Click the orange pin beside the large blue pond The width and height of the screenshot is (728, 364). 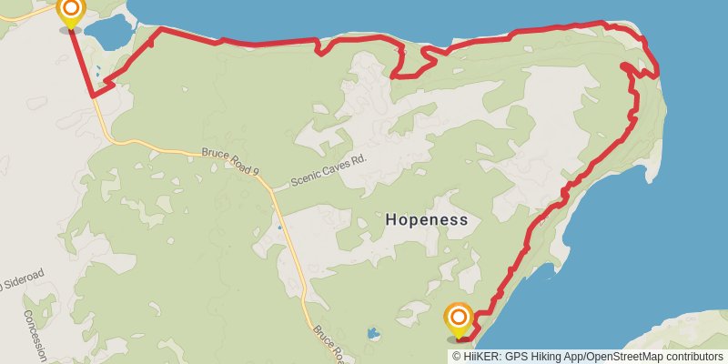70,12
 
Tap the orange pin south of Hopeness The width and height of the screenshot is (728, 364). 460,319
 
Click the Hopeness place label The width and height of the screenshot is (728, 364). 427,219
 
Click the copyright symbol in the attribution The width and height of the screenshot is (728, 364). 456,356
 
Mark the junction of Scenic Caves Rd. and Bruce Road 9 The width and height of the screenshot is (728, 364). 270,188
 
